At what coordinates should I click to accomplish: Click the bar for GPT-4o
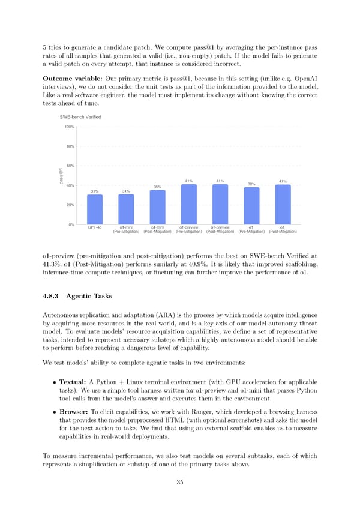click(95, 209)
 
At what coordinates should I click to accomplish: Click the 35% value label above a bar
click(157, 187)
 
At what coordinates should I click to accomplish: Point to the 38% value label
click(251, 184)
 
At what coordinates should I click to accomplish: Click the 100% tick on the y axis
click(69, 127)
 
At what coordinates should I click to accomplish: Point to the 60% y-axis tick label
click(70, 166)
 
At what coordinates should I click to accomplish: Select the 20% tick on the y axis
click(70, 205)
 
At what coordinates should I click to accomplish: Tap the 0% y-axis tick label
click(71, 224)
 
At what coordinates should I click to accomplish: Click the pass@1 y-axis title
click(61, 176)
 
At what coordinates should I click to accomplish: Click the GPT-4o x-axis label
click(95, 227)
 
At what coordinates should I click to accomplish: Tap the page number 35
click(179, 482)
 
